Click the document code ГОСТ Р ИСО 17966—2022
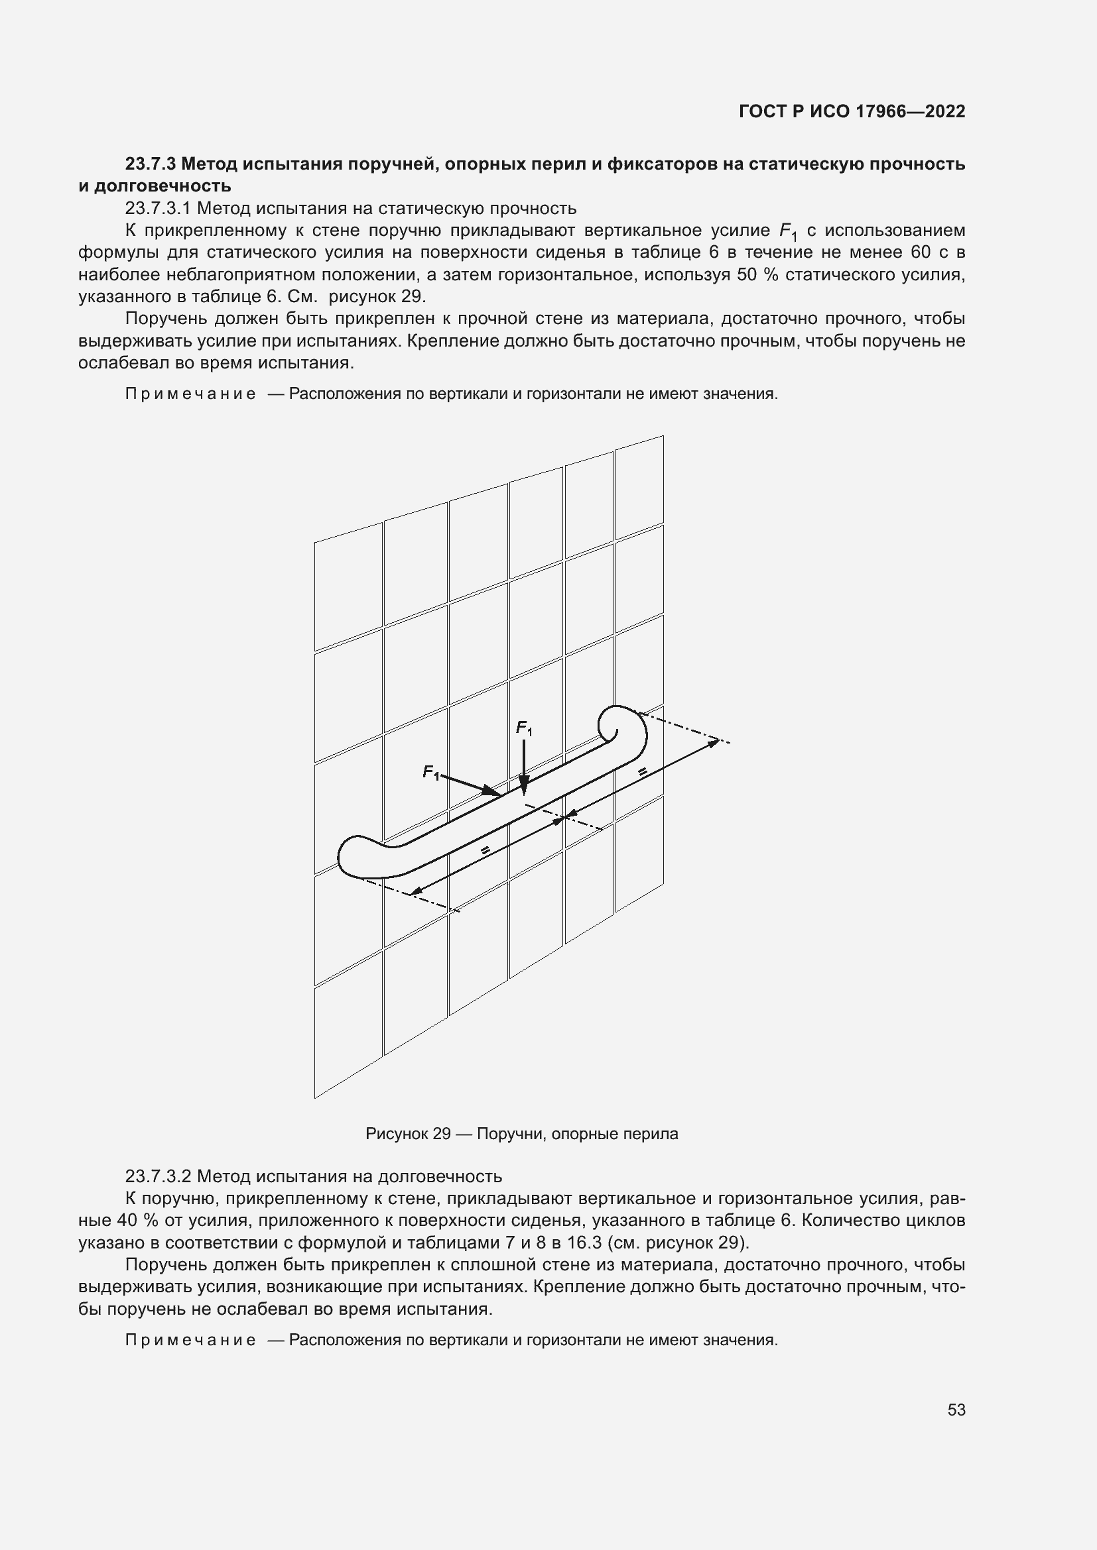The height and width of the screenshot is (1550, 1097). (x=852, y=111)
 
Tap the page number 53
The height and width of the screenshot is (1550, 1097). (x=956, y=1410)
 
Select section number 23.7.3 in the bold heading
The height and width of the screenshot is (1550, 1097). (x=151, y=164)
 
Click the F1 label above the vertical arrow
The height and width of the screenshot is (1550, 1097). (x=524, y=728)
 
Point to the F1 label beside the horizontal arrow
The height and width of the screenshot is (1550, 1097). (x=430, y=771)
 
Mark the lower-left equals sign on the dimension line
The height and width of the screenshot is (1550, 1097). (x=485, y=851)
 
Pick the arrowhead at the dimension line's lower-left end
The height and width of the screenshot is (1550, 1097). (x=416, y=891)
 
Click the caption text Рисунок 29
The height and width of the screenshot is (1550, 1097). (x=407, y=1133)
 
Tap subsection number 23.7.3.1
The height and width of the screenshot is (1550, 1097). (x=159, y=208)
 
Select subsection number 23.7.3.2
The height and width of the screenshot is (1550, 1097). (x=159, y=1176)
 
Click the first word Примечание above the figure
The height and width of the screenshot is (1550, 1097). (x=190, y=394)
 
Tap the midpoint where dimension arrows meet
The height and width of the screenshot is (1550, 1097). (x=566, y=818)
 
